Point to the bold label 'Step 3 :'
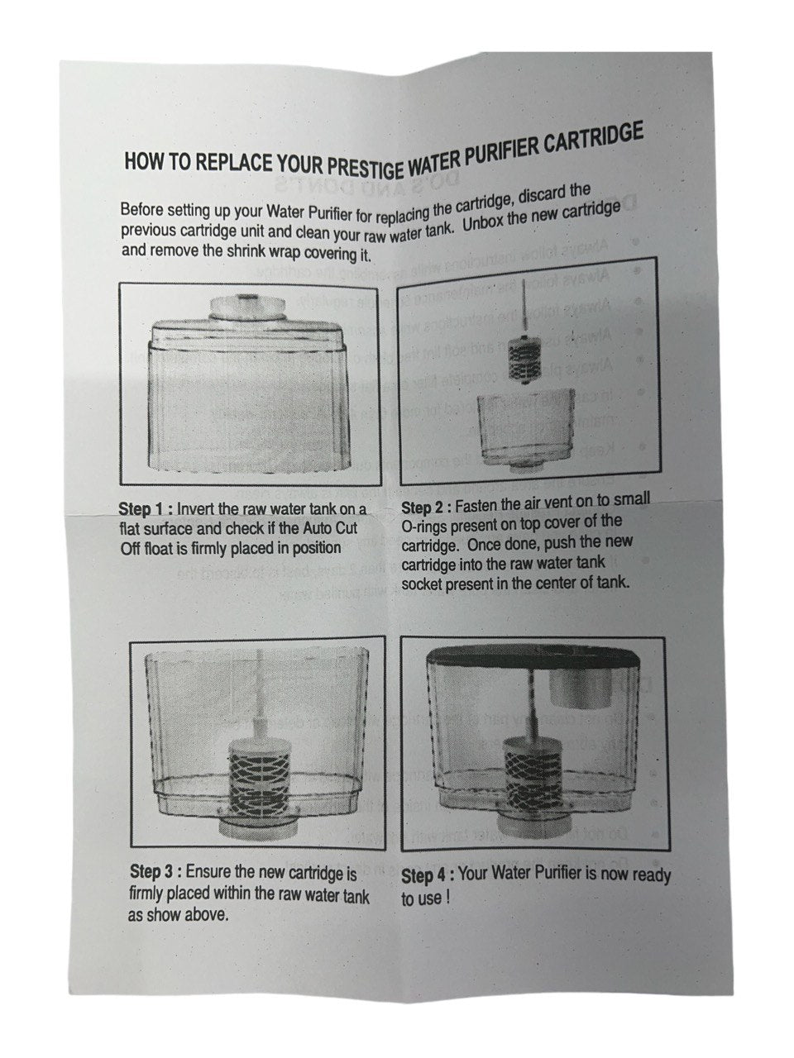coord(155,872)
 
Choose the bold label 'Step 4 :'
coord(428,876)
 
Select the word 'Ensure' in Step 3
coord(211,872)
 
